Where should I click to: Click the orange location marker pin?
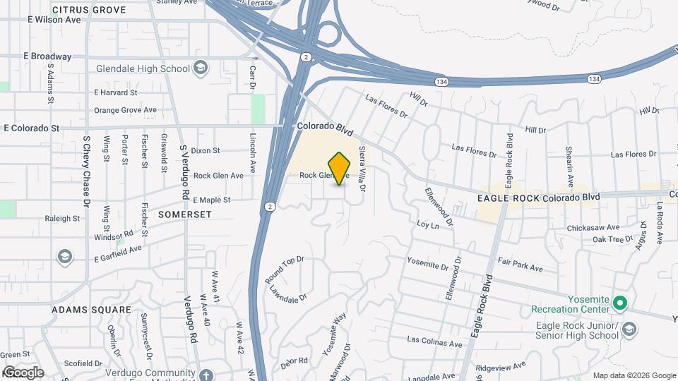pos(340,169)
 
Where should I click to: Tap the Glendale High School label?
pos(143,68)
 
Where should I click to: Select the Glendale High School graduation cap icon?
pos(201,68)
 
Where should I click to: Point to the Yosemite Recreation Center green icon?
pos(620,304)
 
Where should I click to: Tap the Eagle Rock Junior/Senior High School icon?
pos(631,329)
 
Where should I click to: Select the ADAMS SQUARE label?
pos(92,310)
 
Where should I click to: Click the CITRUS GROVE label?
pos(89,11)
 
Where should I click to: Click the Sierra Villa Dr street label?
pos(362,169)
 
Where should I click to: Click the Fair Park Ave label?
pos(519,268)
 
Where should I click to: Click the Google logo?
pos(23,372)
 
